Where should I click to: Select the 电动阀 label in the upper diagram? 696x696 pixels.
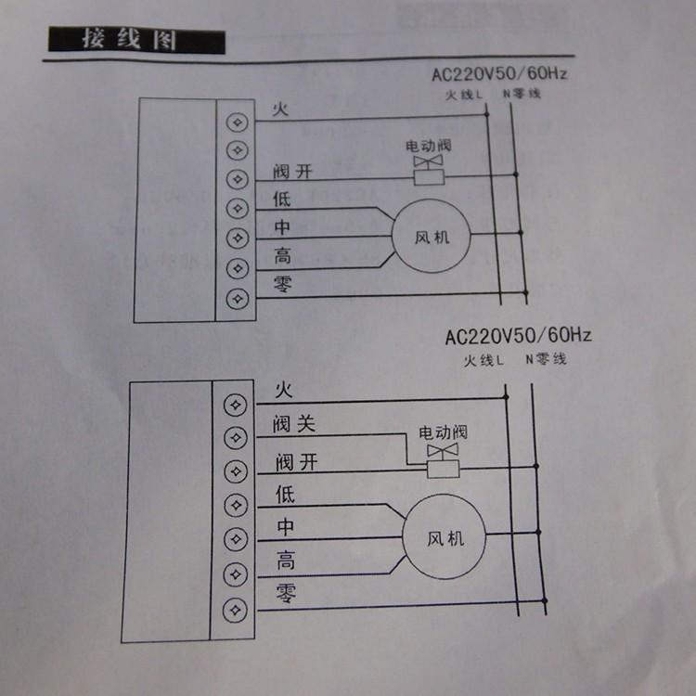click(x=428, y=147)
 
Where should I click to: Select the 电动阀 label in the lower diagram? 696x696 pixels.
click(x=443, y=432)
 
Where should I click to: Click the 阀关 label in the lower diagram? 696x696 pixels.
click(x=294, y=425)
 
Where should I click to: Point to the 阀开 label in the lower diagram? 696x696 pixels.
click(x=295, y=461)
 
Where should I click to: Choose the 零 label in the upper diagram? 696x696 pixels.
click(x=283, y=285)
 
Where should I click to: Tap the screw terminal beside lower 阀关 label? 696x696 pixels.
click(x=236, y=438)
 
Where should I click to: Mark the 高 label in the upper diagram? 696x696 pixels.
click(x=281, y=255)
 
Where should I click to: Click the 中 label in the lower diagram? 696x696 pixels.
click(x=286, y=527)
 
